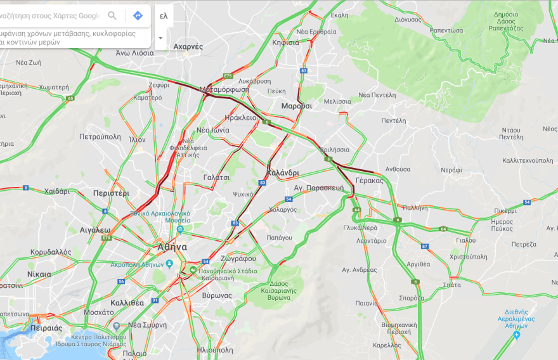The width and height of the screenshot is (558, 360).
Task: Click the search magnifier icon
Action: click(112, 16)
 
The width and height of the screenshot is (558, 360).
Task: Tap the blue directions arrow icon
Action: click(138, 16)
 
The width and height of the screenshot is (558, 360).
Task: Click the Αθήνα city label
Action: click(172, 247)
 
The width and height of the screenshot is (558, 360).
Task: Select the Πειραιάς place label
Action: click(44, 328)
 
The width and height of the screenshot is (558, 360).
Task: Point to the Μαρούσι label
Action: click(297, 106)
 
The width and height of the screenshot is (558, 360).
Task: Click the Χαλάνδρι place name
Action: click(283, 172)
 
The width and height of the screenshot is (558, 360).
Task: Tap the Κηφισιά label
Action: click(285, 42)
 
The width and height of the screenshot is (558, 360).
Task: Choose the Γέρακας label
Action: click(370, 180)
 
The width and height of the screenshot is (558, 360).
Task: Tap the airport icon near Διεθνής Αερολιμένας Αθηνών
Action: click(517, 334)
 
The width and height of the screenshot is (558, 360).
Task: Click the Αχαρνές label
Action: click(188, 46)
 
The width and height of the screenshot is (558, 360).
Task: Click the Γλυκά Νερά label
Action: click(360, 228)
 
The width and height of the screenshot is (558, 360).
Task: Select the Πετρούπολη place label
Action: click(100, 136)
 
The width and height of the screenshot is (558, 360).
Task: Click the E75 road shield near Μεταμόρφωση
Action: click(228, 76)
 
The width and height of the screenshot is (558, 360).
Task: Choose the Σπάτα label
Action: click(452, 285)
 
